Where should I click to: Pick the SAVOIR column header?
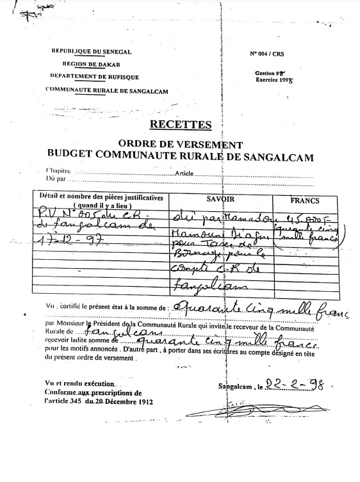point(220,200)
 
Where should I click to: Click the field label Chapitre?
point(56,172)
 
